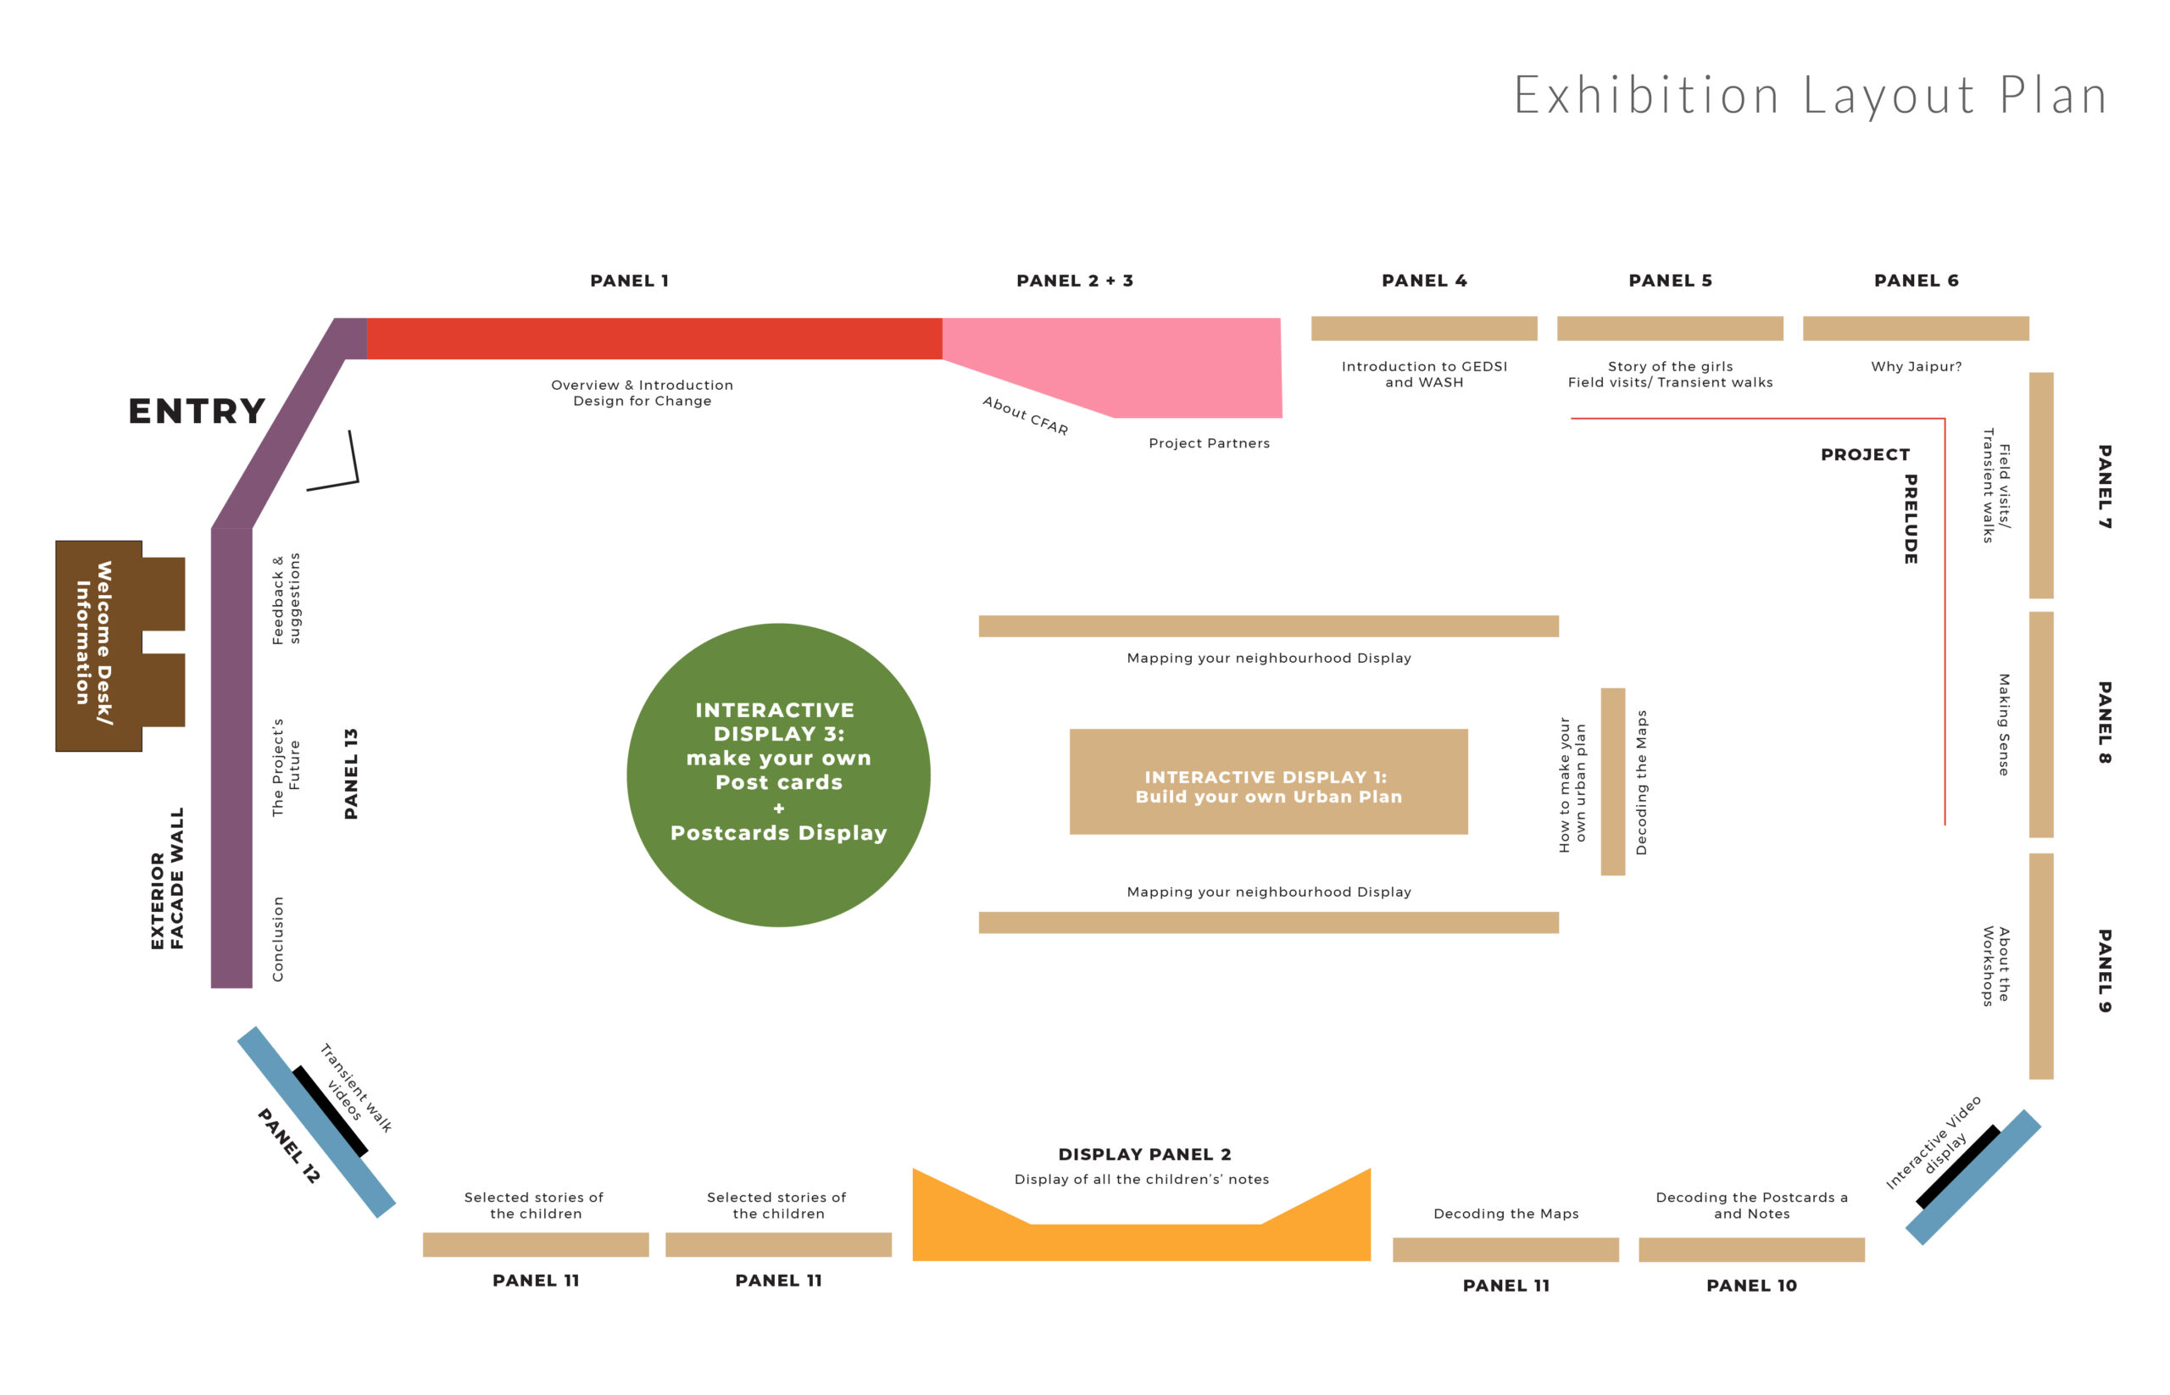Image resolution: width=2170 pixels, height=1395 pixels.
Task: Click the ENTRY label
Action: click(x=197, y=411)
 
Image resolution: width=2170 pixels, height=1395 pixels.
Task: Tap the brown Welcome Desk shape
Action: click(x=100, y=646)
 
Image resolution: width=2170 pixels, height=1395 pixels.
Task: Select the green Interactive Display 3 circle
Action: click(x=778, y=775)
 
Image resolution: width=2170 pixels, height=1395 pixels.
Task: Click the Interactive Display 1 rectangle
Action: click(x=1268, y=781)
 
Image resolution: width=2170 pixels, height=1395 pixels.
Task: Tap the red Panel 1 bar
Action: click(x=654, y=339)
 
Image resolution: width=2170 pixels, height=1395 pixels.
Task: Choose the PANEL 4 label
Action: click(x=1424, y=281)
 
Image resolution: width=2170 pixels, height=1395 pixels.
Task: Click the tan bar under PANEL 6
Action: click(x=1917, y=328)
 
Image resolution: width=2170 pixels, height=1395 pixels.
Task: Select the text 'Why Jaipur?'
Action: click(x=1917, y=367)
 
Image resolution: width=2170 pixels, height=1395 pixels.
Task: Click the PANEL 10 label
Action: click(x=1751, y=1286)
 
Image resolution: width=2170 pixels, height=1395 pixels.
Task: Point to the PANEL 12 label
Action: click(x=289, y=1146)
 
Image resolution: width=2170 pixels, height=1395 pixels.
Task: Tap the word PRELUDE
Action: click(x=1910, y=519)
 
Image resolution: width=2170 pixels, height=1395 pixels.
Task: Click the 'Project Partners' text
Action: click(x=1210, y=443)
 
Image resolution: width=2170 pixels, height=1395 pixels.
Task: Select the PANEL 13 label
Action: click(x=352, y=774)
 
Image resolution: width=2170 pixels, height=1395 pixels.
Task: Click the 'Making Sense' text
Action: click(x=2004, y=725)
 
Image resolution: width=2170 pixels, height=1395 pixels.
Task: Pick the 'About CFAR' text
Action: click(x=1026, y=416)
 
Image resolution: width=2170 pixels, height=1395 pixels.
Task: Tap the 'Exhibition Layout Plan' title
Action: click(x=1811, y=95)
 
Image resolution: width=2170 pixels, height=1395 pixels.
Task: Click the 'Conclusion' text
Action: click(x=278, y=939)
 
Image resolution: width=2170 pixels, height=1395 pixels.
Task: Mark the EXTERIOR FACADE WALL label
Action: click(x=168, y=879)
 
